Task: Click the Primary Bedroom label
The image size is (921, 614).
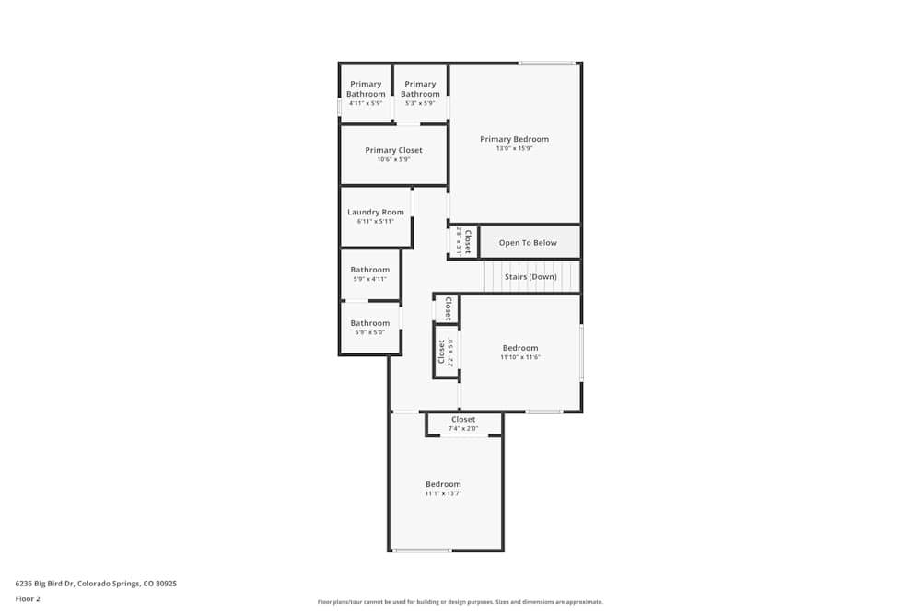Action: (x=514, y=139)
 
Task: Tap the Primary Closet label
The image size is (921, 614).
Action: (x=393, y=150)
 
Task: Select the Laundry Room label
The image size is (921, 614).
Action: (x=375, y=212)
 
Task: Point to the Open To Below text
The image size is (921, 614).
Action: (x=528, y=243)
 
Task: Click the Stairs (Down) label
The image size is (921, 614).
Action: (x=530, y=276)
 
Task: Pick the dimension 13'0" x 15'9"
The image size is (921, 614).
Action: (x=514, y=148)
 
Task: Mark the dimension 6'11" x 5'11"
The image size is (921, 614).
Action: (x=375, y=221)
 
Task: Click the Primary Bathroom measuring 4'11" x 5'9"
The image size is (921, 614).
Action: (x=366, y=89)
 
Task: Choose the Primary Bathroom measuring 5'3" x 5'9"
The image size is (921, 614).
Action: (x=420, y=89)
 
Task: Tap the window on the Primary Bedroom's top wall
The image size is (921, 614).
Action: (x=547, y=64)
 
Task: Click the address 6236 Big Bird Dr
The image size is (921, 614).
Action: (x=96, y=583)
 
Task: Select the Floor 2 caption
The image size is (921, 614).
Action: (x=28, y=598)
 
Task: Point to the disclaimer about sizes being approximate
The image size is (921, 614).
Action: (x=460, y=602)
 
